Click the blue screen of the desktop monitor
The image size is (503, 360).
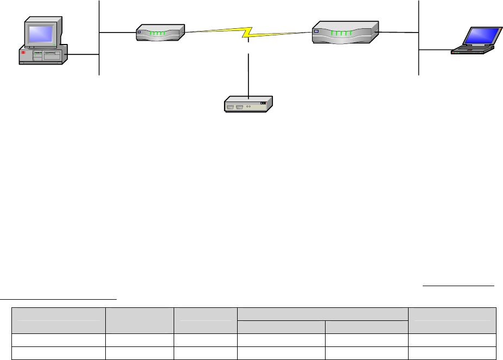[x=41, y=33]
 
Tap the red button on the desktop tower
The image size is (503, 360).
[x=23, y=53]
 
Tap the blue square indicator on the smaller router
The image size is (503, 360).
[x=139, y=32]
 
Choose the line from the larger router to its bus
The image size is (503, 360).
[x=398, y=32]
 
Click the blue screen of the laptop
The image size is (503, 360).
[x=480, y=35]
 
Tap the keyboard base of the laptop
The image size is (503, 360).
[x=473, y=50]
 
